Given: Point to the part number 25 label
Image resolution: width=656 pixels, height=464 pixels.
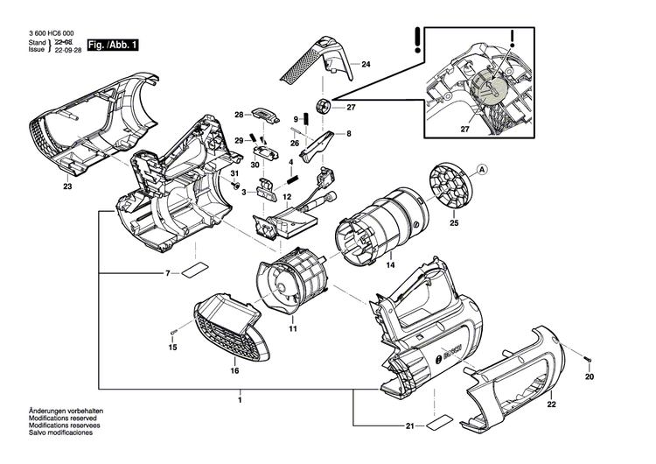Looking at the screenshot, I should click(454, 225).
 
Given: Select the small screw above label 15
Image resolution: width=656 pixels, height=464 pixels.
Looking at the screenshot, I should click(174, 331).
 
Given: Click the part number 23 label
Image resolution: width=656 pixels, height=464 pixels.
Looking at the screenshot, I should click(66, 186).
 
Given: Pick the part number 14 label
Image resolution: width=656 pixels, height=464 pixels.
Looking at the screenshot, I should click(390, 264).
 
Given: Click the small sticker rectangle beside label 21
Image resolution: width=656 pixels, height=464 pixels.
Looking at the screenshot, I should click(438, 426).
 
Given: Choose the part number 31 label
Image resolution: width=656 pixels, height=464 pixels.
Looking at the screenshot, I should click(234, 174).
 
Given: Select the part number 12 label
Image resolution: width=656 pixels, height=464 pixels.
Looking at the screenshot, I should click(286, 197).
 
